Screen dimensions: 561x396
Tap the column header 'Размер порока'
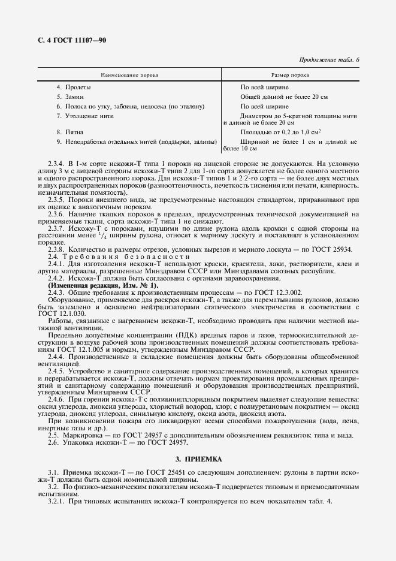pos(290,76)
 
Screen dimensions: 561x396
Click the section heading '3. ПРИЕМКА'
pos(198,460)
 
